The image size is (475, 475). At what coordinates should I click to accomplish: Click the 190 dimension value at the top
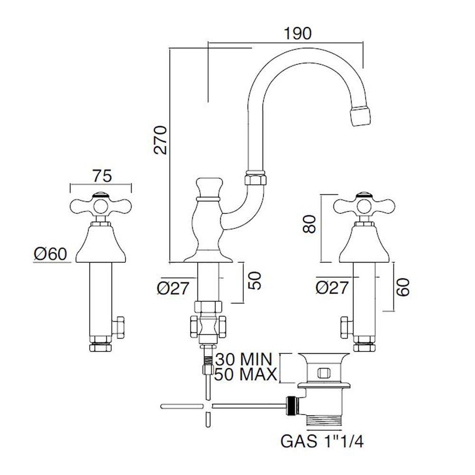tap(298, 34)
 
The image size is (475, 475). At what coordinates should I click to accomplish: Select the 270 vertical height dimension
tap(161, 140)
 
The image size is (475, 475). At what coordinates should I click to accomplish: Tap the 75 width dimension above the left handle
tap(102, 176)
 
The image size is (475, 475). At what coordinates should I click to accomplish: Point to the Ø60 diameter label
tap(51, 254)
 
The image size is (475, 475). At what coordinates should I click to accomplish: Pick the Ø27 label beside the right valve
tap(333, 286)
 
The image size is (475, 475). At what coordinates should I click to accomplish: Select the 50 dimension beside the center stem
tap(255, 281)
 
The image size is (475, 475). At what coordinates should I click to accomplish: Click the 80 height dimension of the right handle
tap(309, 223)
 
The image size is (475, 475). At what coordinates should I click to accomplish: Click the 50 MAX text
tap(245, 375)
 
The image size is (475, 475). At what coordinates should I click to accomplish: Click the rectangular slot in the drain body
tap(324, 373)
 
